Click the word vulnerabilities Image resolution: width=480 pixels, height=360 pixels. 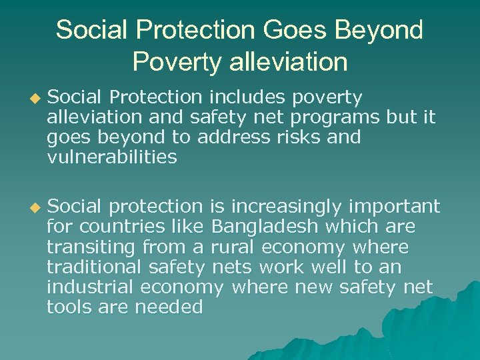pos(111,157)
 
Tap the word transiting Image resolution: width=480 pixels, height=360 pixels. pos(91,247)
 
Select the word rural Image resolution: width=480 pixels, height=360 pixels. pos(233,247)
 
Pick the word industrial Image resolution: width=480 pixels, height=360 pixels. pos(91,287)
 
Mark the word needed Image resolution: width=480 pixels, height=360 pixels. pos(169,307)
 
